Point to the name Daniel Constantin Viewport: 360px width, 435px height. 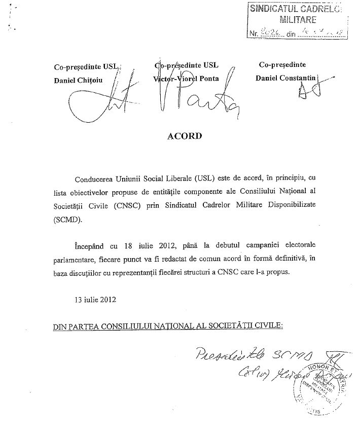pos(287,79)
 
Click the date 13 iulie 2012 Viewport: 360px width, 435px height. pos(95,299)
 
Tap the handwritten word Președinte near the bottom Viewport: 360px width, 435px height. pos(219,356)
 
